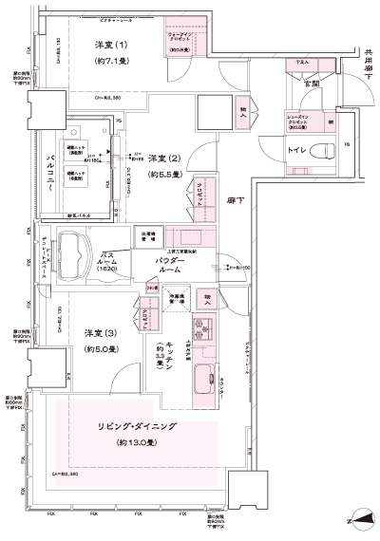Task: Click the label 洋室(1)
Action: click(x=111, y=45)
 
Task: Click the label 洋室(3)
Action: click(x=100, y=332)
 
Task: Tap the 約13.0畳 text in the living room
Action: click(x=137, y=443)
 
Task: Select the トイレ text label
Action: click(x=296, y=150)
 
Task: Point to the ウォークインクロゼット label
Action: click(x=182, y=40)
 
